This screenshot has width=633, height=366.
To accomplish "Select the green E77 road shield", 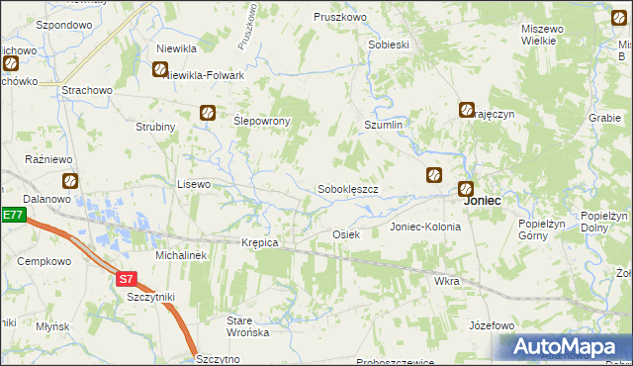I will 12,215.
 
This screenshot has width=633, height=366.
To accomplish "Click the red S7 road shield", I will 126,279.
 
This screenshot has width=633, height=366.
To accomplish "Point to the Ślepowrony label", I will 261,121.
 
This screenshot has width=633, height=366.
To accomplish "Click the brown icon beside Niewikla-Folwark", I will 160,69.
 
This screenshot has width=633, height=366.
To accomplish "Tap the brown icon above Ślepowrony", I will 208,113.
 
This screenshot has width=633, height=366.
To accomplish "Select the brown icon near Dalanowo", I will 70,180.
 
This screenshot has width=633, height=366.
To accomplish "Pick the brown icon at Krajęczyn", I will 467,110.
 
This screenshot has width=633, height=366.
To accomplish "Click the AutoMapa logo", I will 566,347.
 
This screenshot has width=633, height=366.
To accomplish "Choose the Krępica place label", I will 260,242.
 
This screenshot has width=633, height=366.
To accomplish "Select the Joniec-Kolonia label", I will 425,227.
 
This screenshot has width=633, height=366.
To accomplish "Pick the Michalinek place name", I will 180,255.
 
